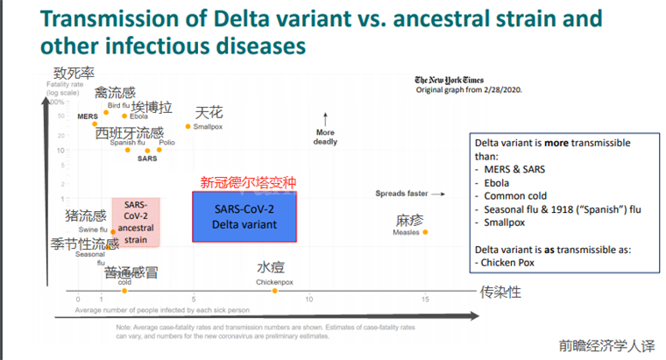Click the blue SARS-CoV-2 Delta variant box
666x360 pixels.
(244, 216)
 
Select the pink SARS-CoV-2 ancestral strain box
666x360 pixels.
(136, 222)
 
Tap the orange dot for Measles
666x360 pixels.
(426, 232)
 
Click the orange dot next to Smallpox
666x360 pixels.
(188, 126)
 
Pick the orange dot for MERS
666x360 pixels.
(94, 124)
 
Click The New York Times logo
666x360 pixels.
(450, 81)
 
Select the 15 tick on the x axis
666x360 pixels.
(426, 300)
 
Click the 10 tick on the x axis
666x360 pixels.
(309, 300)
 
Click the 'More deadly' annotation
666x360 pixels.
(324, 137)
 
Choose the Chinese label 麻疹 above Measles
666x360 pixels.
(410, 220)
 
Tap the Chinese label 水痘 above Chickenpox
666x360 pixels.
(270, 268)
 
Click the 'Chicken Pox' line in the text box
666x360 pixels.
(506, 261)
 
